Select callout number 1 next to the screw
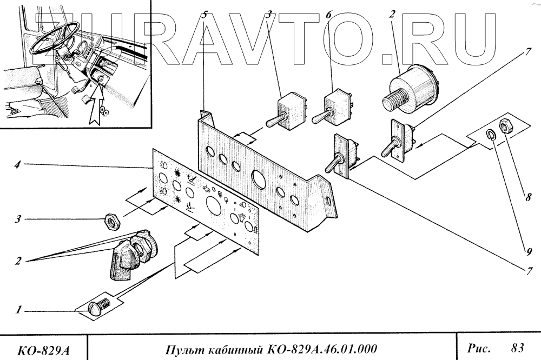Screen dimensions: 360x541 (x=19, y=310)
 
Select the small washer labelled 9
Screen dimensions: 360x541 (x=490, y=136)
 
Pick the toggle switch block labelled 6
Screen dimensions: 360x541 (x=335, y=105)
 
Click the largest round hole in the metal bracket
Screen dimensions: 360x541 (x=258, y=178)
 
